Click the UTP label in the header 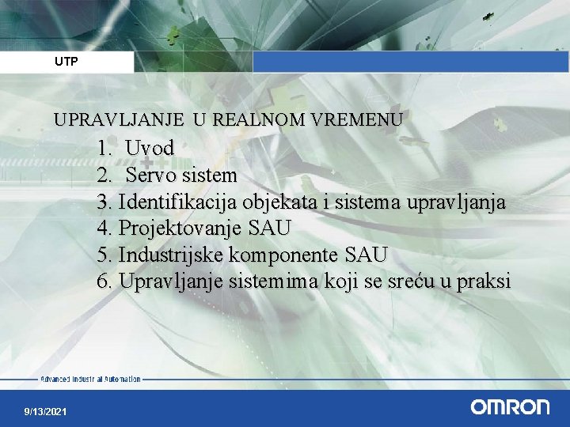click(x=66, y=62)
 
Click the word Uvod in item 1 click(x=150, y=148)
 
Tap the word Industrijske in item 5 click(x=170, y=255)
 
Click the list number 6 click(x=104, y=282)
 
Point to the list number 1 click(x=104, y=148)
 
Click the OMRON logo click(x=510, y=407)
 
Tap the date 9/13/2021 click(x=46, y=412)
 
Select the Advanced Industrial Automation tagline click(x=90, y=380)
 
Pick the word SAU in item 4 click(x=269, y=229)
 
